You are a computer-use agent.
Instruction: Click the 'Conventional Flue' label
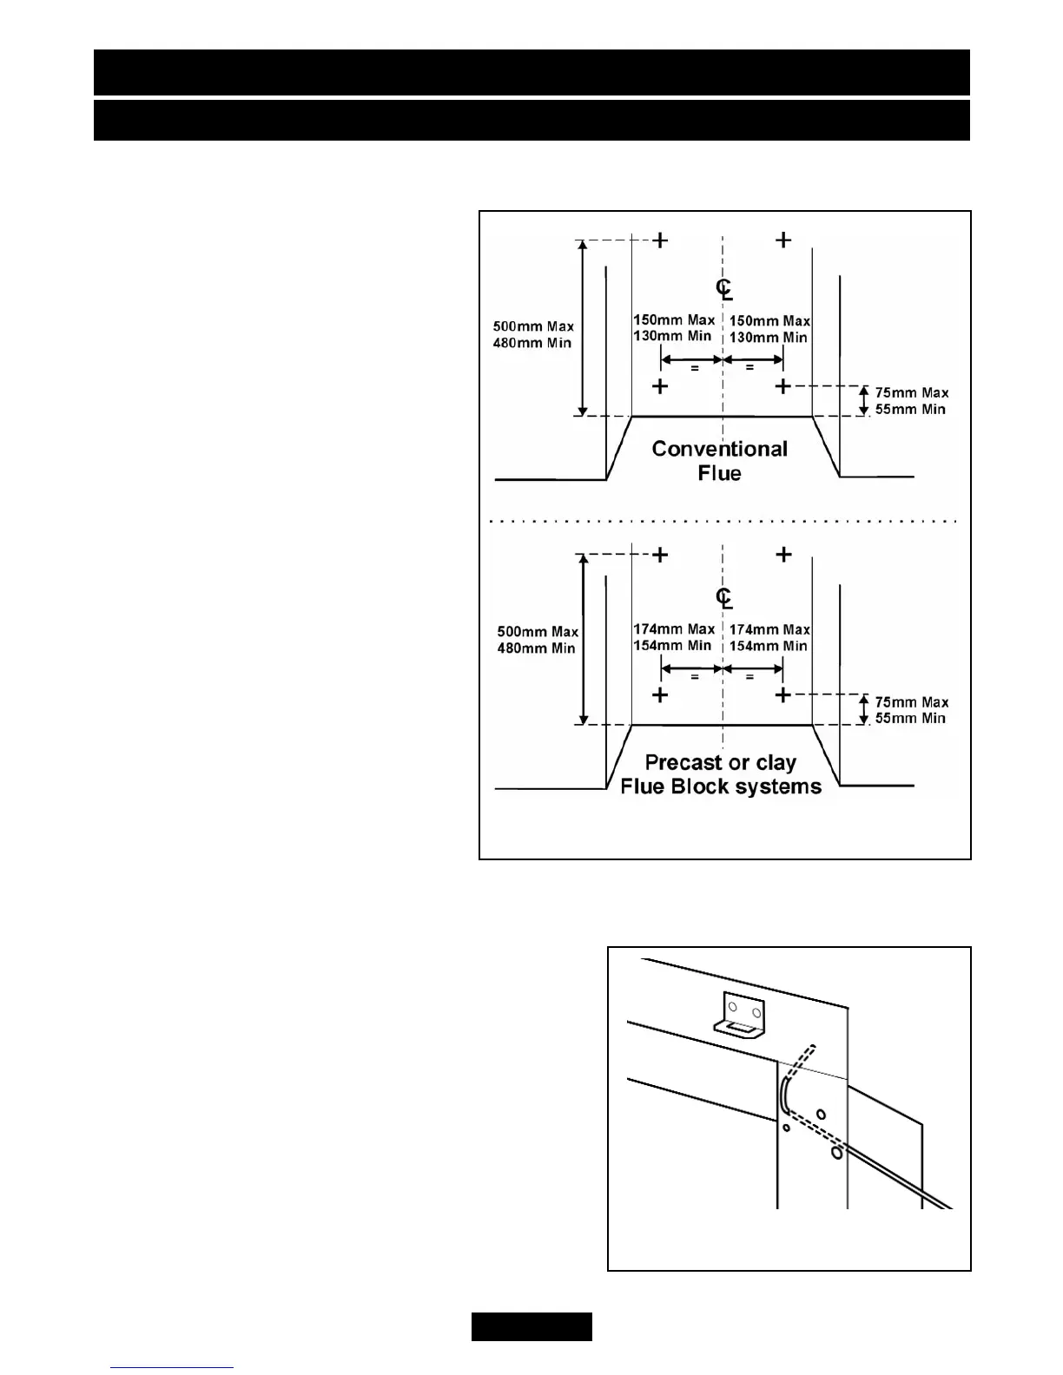[720, 461]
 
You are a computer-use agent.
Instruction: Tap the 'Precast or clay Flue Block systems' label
[721, 774]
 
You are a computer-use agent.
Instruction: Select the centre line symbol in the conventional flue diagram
[723, 288]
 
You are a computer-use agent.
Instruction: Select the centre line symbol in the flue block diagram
[723, 597]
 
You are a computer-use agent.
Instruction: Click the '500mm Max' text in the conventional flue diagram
[533, 326]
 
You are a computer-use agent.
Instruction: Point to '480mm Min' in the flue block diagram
[536, 648]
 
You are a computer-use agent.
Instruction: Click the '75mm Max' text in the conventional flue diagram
[911, 392]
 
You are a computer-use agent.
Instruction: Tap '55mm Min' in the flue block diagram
[910, 719]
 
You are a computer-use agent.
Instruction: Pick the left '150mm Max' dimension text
[674, 319]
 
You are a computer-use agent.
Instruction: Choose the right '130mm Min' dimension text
[769, 338]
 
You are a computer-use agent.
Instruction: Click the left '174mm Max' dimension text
[674, 628]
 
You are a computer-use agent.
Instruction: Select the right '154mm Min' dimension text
[769, 646]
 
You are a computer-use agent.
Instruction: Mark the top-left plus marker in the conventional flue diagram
[661, 240]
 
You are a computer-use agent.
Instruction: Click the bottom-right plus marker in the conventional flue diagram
[783, 386]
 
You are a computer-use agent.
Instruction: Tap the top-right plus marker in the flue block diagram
[783, 554]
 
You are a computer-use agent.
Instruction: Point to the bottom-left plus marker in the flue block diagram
[661, 694]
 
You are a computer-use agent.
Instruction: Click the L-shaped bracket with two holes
[739, 1016]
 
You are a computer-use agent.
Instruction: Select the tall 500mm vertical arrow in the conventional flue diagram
[584, 328]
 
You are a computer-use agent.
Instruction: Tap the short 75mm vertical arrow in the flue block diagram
[863, 709]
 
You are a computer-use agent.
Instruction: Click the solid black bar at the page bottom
[531, 1326]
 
